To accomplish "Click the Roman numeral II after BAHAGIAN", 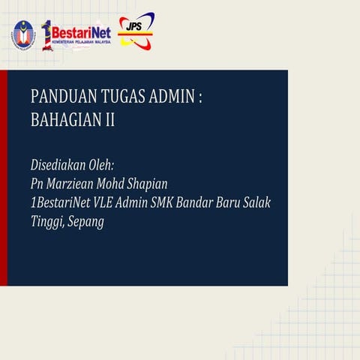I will tap(109, 119).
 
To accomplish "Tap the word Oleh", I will tap(108, 164).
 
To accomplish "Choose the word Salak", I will tap(256, 203).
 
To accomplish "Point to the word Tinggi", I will tap(46, 223).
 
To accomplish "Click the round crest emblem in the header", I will tap(23, 34).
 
